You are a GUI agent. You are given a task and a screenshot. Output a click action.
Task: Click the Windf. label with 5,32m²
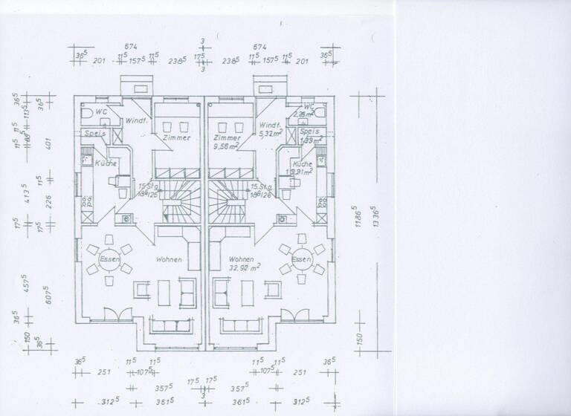pos(269,129)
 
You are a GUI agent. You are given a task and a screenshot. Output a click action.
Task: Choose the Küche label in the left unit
pos(105,163)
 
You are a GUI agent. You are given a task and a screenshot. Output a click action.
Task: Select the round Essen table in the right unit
pos(300,259)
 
